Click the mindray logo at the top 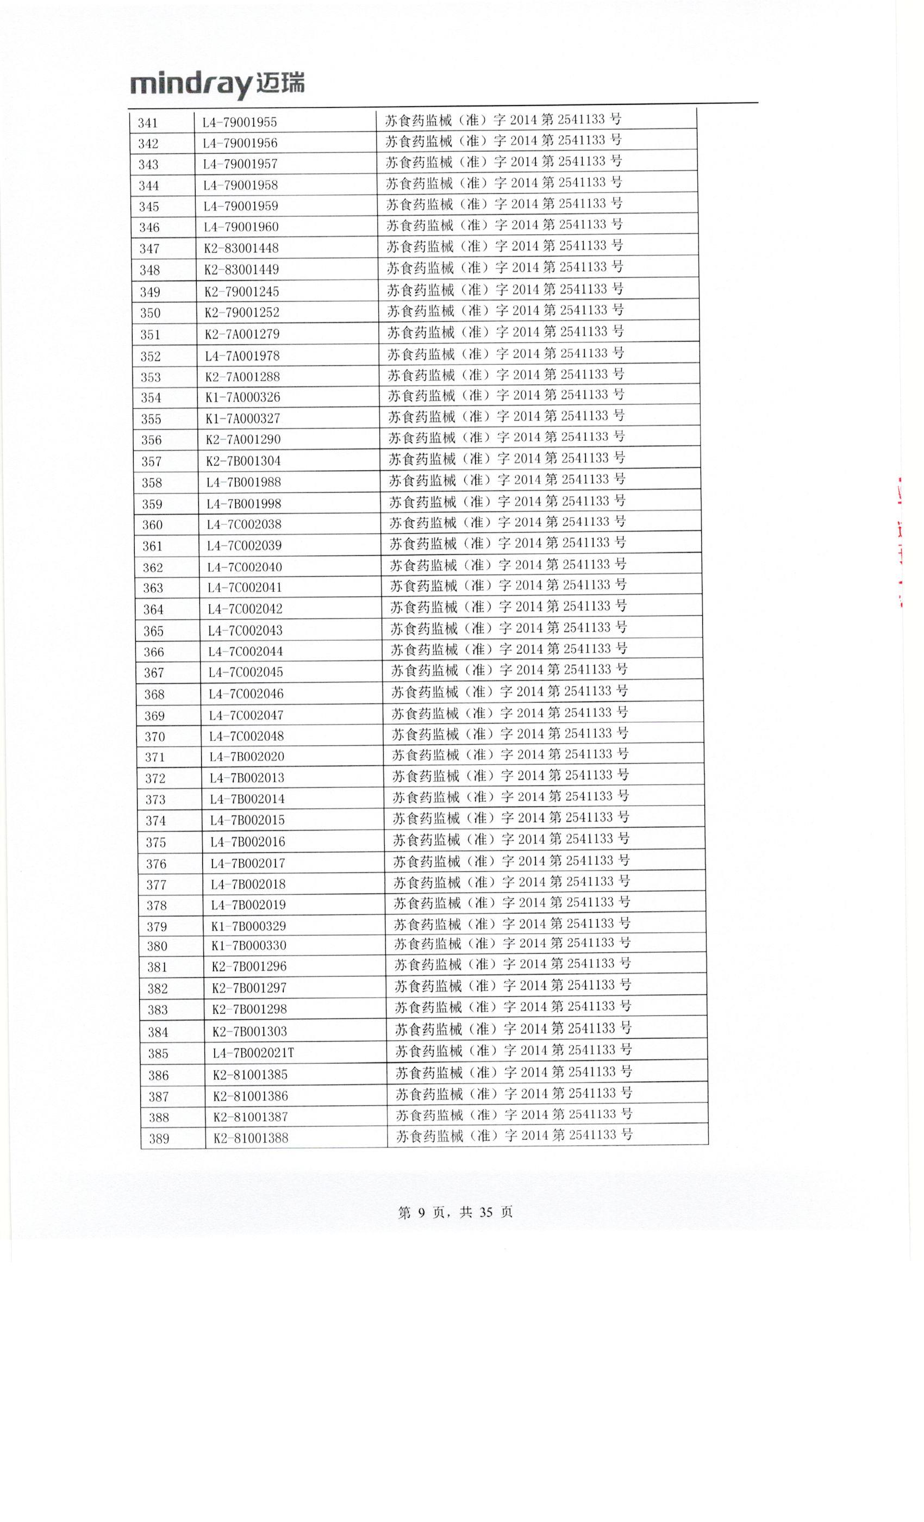[217, 85]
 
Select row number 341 [148, 123]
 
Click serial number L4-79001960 [241, 227]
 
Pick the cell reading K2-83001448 [241, 248]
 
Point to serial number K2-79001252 [242, 313]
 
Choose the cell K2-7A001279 [242, 334]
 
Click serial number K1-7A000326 [243, 397]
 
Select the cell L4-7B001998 [244, 503]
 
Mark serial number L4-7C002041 [245, 588]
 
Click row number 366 [154, 652]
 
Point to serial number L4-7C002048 [246, 735]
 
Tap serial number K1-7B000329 [248, 926]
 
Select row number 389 [159, 1138]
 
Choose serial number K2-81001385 [250, 1074]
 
